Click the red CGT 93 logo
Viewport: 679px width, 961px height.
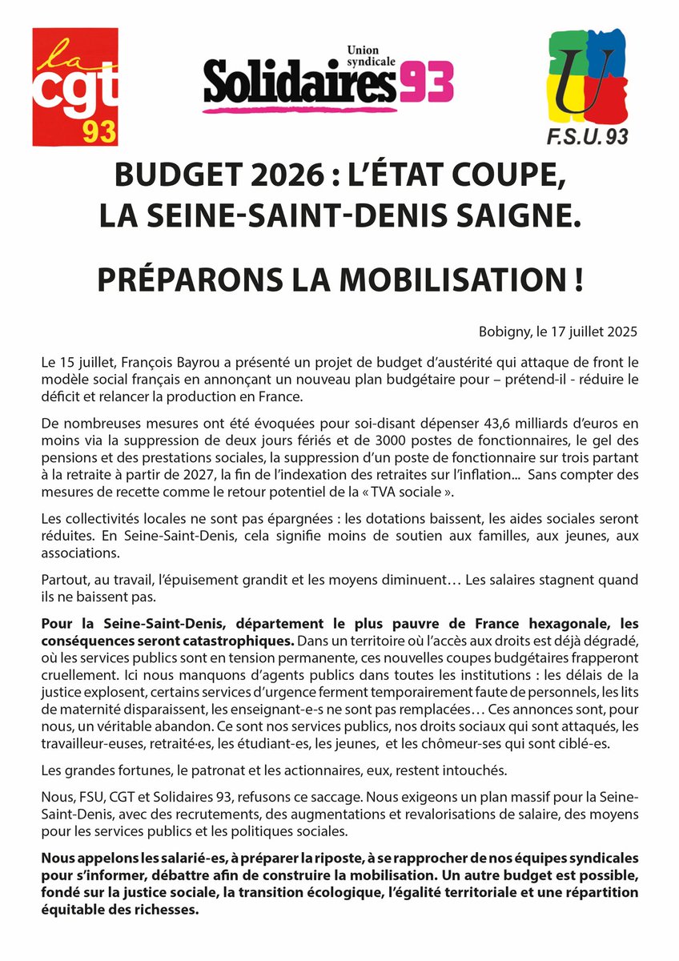(x=74, y=87)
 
